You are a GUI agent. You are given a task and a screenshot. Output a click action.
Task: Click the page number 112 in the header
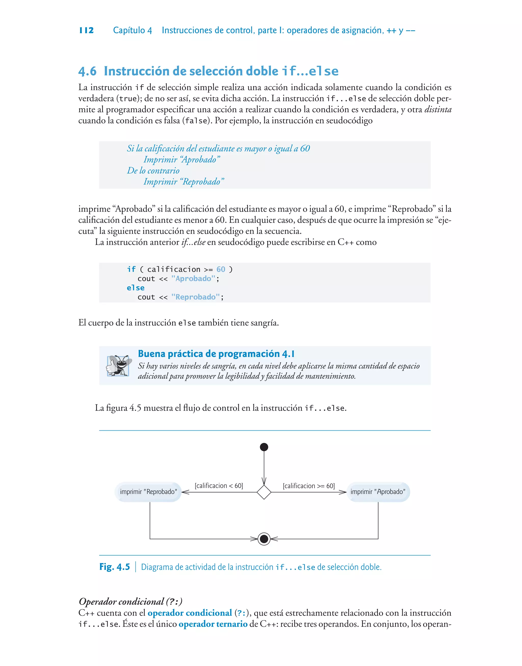pos(86,30)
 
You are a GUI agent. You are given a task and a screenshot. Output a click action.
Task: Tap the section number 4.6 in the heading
pos(87,71)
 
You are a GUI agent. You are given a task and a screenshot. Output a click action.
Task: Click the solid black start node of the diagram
pos(264,447)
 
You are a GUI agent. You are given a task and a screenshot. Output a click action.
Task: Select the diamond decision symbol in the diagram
pos(264,492)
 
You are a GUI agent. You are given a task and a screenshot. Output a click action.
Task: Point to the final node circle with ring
pos(264,539)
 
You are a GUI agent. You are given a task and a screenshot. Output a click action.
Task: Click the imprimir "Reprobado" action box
pos(148,492)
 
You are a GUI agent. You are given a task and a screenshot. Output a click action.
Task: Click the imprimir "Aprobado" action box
pos(378,492)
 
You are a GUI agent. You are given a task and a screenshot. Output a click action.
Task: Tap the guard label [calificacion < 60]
pos(219,486)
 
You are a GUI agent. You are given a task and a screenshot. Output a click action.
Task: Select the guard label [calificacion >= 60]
pos(309,486)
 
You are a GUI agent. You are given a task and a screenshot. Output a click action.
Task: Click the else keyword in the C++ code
pos(135,288)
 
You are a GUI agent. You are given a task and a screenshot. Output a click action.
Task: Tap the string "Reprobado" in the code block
pos(195,297)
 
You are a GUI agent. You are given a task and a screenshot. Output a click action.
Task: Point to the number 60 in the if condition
pos(221,269)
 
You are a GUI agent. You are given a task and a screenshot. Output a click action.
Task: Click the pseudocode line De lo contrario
pos(153,171)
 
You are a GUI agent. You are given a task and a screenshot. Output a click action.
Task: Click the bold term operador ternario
pos(213,624)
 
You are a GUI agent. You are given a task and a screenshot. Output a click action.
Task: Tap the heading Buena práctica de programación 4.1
pos(216,354)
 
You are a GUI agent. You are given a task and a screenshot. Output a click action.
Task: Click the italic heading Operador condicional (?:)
pos(130,601)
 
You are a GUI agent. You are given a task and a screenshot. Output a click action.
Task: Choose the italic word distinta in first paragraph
pos(438,109)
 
